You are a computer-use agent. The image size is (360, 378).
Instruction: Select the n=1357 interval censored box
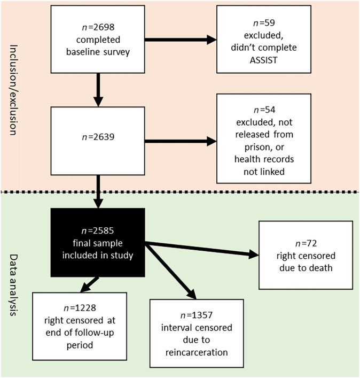tap(197, 333)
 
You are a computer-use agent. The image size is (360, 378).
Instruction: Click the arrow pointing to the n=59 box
tap(180, 40)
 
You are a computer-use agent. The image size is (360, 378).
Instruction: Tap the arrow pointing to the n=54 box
tap(180, 142)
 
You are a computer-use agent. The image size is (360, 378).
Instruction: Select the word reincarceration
tap(197, 353)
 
